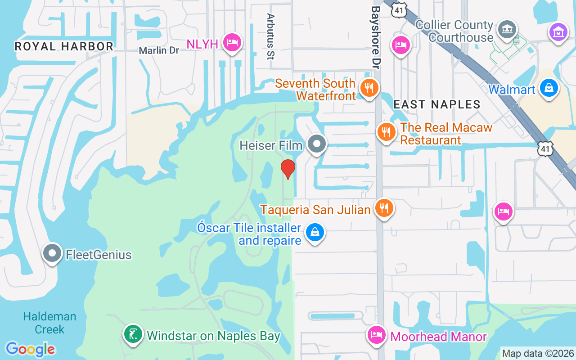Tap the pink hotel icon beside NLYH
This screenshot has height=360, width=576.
click(x=232, y=43)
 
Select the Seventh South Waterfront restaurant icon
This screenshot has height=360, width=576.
click(x=369, y=88)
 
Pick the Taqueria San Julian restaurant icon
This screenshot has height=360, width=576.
click(x=383, y=208)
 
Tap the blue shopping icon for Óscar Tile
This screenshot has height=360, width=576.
click(x=315, y=233)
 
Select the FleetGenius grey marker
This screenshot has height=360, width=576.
click(x=52, y=253)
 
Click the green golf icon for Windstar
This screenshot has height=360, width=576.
click(x=133, y=334)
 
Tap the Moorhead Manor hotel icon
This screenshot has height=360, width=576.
click(x=377, y=335)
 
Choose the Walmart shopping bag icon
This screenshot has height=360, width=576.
click(x=549, y=88)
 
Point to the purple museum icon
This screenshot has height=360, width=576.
click(x=558, y=32)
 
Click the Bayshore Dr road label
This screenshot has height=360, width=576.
click(x=374, y=37)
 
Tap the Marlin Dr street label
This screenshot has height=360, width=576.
click(x=159, y=50)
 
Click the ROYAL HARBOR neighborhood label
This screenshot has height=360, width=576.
click(x=64, y=46)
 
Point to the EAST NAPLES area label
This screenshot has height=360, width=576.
click(x=437, y=105)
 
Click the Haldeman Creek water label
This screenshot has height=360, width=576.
click(x=49, y=323)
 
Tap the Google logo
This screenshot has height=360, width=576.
click(x=31, y=349)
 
